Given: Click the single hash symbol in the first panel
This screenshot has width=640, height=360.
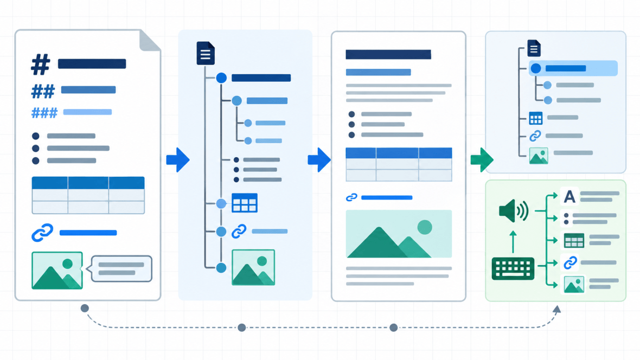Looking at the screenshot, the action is click(41, 65).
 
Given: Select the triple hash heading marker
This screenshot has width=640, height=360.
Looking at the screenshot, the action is click(44, 113).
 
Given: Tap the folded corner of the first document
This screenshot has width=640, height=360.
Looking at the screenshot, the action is click(150, 41).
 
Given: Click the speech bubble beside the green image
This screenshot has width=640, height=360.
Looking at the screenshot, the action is click(121, 268).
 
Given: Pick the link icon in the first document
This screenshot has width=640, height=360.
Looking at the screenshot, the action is click(42, 233).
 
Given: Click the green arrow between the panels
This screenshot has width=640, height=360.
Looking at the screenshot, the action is click(482, 159).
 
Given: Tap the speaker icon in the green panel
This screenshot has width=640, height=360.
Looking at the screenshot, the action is click(514, 211).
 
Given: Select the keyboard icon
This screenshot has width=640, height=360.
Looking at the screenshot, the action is click(513, 268).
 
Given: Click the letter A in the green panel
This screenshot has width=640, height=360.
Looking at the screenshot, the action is click(569, 197).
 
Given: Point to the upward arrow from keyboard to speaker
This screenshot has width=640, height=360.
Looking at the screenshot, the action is click(513, 242).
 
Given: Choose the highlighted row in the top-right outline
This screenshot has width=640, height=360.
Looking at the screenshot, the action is click(573, 68).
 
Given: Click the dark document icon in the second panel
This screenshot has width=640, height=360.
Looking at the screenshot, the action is click(206, 53).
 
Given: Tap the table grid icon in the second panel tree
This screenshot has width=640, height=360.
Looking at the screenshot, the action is click(245, 203).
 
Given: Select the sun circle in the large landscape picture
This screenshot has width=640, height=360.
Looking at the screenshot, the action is click(425, 227).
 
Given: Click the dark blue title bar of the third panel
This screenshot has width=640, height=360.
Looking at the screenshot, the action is click(388, 54).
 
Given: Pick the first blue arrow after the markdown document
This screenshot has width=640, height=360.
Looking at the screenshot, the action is click(178, 159).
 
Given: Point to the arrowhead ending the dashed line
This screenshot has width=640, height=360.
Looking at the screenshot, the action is click(556, 309).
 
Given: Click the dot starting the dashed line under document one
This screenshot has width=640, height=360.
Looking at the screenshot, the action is click(85, 308).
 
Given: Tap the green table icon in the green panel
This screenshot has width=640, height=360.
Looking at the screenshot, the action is click(574, 241).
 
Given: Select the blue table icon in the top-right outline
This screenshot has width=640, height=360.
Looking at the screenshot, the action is click(535, 118).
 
